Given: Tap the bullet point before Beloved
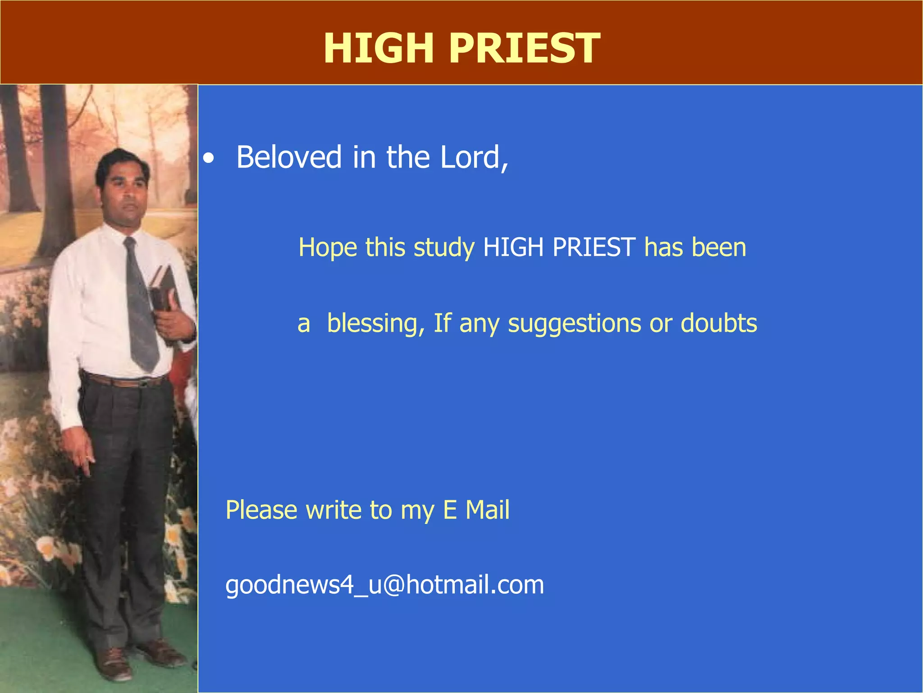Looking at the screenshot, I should tap(208, 159).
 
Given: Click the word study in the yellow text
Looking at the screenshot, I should tap(444, 248).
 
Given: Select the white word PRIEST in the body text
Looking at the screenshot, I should tap(594, 247).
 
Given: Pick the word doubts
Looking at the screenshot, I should tap(718, 323).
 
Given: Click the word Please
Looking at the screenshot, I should tap(261, 510).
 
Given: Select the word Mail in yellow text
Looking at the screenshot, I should tap(487, 510).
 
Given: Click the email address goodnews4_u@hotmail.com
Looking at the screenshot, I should tap(384, 585).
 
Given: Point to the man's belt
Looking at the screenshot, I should tap(126, 381).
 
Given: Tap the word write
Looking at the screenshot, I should tap(333, 510).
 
